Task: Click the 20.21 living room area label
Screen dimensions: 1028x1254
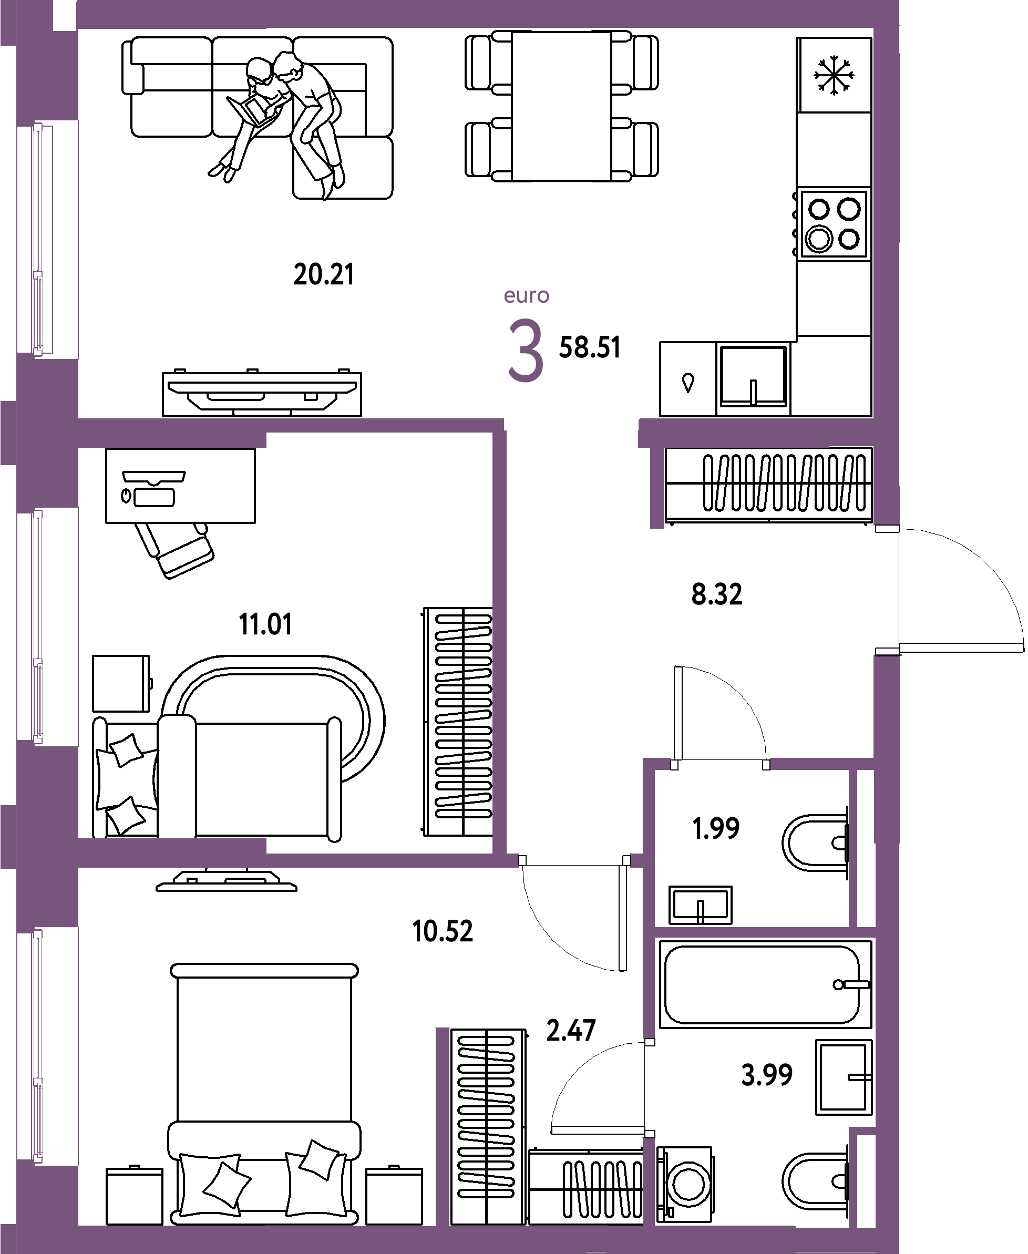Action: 324,275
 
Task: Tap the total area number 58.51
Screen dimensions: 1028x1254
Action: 590,347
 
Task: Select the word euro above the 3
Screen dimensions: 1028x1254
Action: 527,295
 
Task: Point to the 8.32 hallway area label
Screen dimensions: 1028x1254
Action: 716,594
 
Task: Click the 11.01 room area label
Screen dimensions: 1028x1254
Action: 265,624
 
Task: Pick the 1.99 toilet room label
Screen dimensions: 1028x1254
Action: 716,828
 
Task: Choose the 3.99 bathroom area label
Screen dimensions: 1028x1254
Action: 767,1075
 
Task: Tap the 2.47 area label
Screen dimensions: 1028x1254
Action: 571,1030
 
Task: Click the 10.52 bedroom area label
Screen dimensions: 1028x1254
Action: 443,931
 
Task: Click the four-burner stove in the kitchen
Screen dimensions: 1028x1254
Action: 834,224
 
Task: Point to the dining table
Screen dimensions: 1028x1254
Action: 561,107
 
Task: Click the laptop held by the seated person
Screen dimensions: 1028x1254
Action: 252,110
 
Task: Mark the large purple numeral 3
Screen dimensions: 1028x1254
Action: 526,350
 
